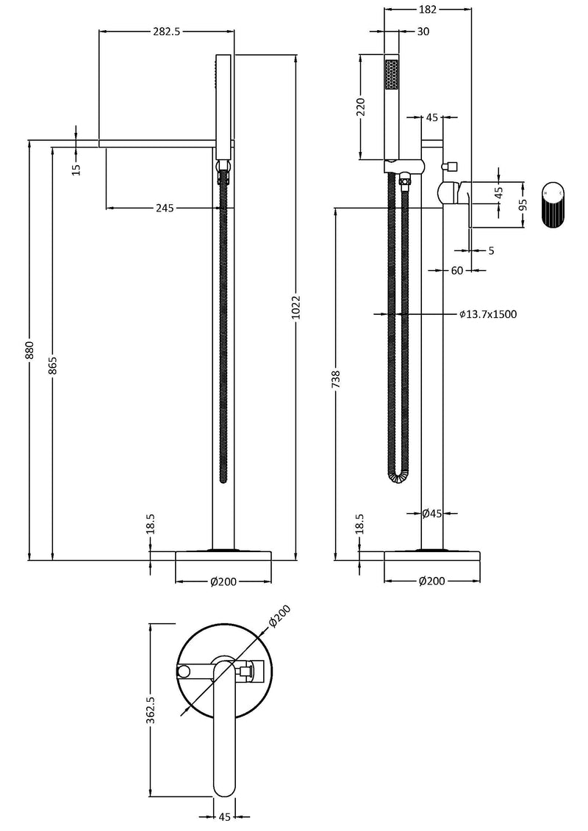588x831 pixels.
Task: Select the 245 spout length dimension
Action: point(164,208)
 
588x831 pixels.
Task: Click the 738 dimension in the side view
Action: point(336,379)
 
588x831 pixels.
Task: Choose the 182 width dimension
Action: point(428,10)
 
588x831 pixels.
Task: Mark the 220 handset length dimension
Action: point(360,107)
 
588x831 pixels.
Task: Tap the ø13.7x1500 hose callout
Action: point(488,314)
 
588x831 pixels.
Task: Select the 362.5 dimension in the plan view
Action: point(150,711)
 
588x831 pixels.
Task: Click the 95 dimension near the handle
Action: point(523,203)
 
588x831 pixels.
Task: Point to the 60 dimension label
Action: point(456,271)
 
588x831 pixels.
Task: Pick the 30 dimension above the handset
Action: point(423,32)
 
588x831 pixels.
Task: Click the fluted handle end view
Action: point(553,205)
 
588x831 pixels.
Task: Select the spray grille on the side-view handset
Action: point(391,75)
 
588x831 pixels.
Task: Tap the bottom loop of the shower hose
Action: point(396,478)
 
